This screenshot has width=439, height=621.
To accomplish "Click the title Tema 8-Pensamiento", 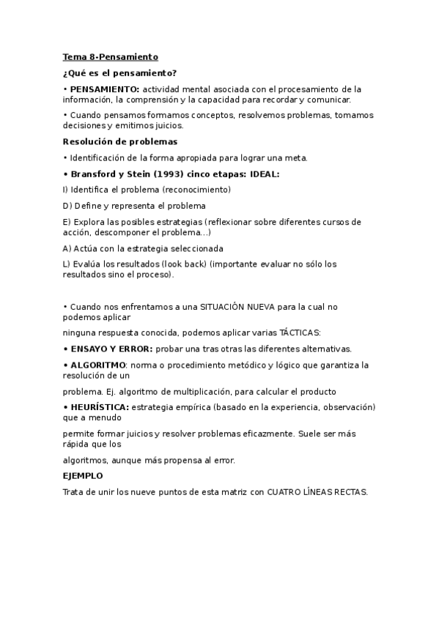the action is click(x=110, y=56).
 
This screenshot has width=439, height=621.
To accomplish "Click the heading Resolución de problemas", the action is click(x=120, y=141).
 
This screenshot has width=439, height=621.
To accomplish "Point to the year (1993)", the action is click(x=174, y=174).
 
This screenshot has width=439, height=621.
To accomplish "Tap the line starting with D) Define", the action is click(x=134, y=206).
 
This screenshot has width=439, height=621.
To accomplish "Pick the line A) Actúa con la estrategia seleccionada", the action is click(x=143, y=248).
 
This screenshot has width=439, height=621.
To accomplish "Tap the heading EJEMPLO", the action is click(x=83, y=476).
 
